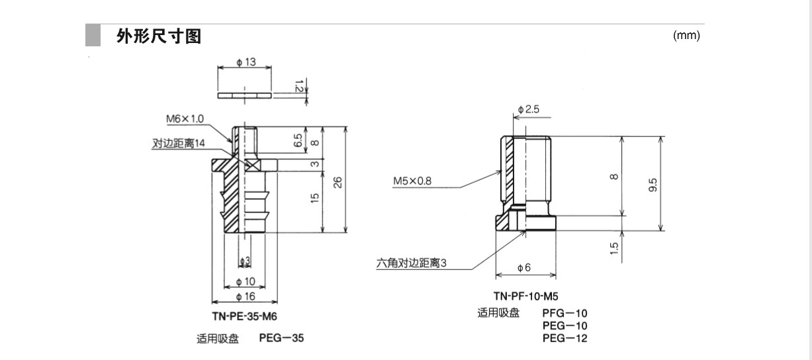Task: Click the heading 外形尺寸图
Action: [159, 36]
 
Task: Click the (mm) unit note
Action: [686, 36]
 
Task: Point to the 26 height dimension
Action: [338, 182]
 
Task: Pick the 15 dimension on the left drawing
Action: [315, 198]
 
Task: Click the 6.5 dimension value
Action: [298, 141]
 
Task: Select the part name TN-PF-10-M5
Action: [521, 296]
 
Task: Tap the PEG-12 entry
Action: [564, 338]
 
